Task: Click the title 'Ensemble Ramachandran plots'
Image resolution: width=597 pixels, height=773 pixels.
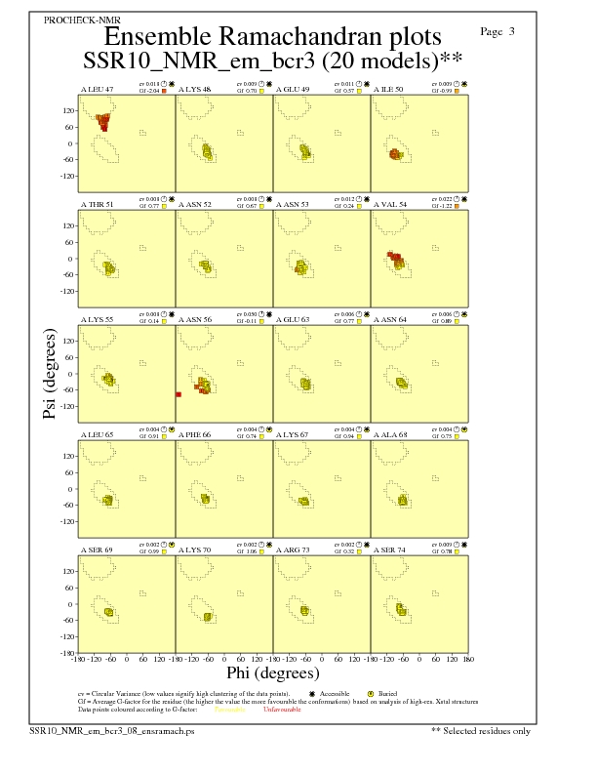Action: click(273, 37)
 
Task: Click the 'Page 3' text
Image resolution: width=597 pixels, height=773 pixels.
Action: click(497, 31)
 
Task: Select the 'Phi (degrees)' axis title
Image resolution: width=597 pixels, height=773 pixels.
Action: click(273, 672)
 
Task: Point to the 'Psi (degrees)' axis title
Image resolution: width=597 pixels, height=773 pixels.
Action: click(49, 376)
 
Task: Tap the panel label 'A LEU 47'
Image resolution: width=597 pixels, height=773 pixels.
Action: click(97, 90)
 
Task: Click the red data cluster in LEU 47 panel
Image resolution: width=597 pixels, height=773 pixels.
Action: click(102, 121)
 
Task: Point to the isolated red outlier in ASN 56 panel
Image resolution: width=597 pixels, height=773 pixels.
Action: click(179, 394)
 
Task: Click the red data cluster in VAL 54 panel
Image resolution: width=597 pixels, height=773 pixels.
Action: click(395, 259)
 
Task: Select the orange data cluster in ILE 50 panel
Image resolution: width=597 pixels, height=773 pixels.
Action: click(395, 154)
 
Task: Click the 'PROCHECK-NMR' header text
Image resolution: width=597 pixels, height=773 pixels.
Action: click(77, 20)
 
